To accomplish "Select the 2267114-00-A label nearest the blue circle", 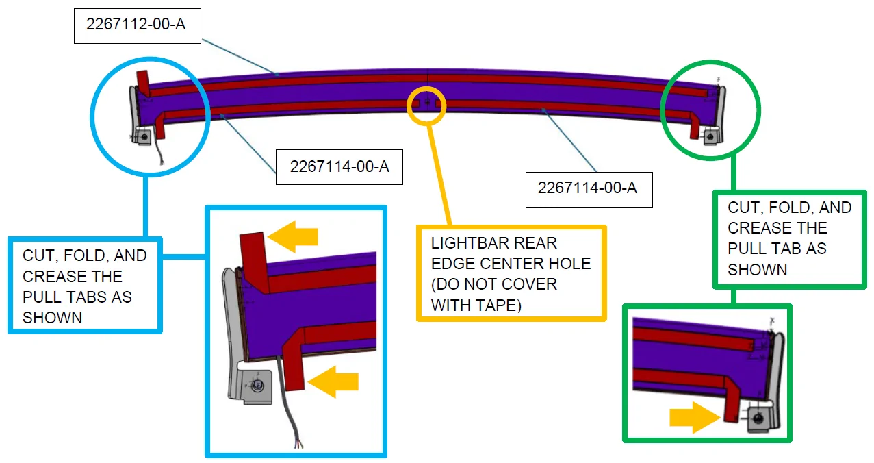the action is (x=339, y=166).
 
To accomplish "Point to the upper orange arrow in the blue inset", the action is (x=293, y=236).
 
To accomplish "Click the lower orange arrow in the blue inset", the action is (x=333, y=381).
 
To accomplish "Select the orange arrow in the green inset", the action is (x=695, y=417).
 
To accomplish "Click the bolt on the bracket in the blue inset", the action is (x=257, y=386).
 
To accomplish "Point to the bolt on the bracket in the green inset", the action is (x=758, y=419).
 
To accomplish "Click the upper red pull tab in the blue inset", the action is (x=255, y=262).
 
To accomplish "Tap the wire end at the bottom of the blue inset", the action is (x=300, y=445).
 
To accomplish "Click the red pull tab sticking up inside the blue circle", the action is (x=143, y=83).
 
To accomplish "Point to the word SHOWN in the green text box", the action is (x=758, y=270).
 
